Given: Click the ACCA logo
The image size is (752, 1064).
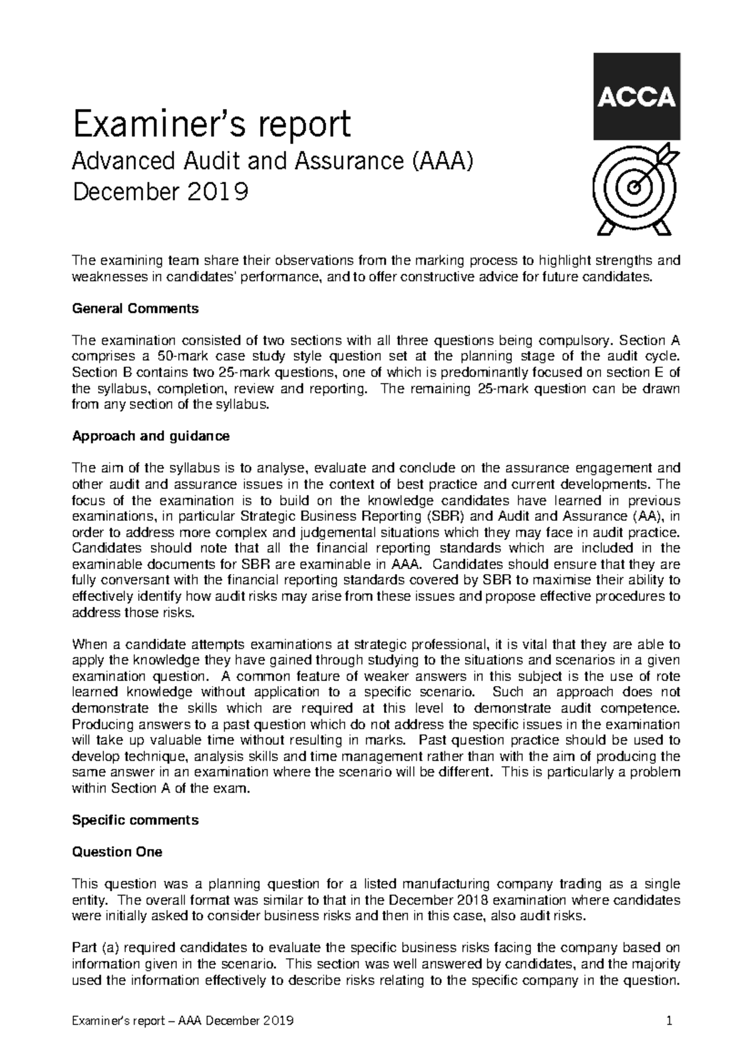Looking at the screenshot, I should pos(636,96).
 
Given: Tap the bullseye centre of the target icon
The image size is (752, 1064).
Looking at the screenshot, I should pos(635,186).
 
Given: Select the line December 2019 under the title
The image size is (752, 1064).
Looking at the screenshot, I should pos(160,191).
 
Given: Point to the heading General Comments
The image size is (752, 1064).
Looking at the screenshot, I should pos(136,308).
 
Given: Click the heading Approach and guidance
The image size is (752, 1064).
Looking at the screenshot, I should pos(151,436).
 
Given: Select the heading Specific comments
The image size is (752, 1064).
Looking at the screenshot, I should pos(135,820).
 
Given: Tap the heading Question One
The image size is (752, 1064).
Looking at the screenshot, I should pos(117,852).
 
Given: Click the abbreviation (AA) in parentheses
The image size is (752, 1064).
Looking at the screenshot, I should pos(645,516).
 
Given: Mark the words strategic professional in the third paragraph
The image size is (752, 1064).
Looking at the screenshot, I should pos(420,644).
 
